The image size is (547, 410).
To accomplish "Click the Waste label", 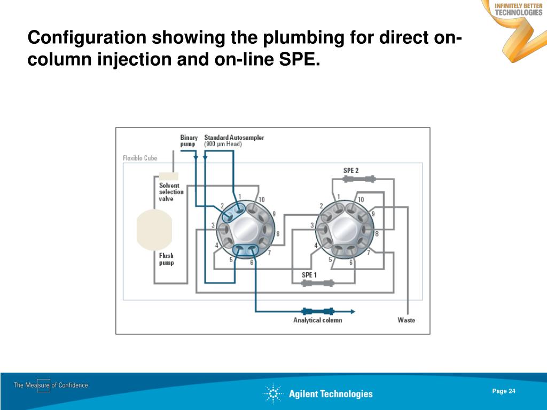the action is coord(406,320).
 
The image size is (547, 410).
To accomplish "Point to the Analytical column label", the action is coord(317,320).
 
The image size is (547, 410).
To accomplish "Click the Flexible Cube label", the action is coord(140,158).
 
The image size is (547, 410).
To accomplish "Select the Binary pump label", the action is coord(189,141).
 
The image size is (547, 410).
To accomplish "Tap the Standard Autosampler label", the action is coord(234,138).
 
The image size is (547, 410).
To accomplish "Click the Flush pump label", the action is coord(166,259).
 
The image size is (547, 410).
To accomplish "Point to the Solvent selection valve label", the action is coord(171,192).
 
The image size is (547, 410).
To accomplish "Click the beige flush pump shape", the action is coord(154,230).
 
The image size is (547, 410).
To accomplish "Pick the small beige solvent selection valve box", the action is coord(168,176).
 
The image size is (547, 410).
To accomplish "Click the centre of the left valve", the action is coord(245,230).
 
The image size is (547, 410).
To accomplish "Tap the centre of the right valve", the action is coord(343,230).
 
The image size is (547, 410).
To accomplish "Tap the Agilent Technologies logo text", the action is coord(331,394).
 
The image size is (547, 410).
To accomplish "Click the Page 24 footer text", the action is coord(504,391).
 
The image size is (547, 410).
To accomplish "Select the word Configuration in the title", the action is coord(88,38).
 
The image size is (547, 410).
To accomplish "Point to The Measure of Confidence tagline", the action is coord(51,385).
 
